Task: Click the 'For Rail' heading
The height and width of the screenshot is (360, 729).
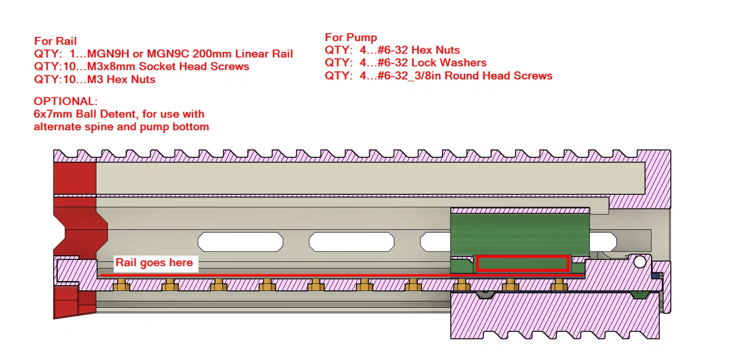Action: pos(55,41)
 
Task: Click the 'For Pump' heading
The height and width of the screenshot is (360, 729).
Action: pos(350,37)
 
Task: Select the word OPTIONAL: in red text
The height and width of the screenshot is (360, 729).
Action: pos(65,101)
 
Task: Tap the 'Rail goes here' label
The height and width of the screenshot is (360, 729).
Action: pos(154,263)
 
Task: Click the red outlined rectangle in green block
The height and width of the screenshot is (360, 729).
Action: pos(522,264)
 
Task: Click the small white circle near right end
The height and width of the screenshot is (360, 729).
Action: pos(640,262)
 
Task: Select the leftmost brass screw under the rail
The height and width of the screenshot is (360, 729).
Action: pos(120,285)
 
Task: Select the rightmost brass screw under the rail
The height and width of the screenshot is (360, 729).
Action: pos(558,285)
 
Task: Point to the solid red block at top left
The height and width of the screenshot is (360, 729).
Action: pos(74,179)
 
